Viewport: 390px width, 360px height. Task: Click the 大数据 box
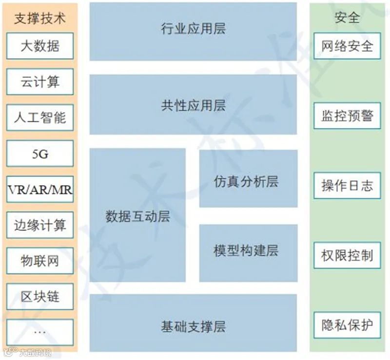[x=40, y=46]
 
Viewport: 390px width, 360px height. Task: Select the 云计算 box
[x=40, y=82]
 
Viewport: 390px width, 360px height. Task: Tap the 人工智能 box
[x=40, y=117]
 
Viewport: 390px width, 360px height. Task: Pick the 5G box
[x=40, y=153]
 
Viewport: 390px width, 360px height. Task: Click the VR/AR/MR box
[x=40, y=189]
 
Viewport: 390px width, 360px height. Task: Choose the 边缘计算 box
[x=40, y=225]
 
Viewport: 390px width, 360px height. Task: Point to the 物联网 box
[x=40, y=261]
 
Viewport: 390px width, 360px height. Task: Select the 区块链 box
[x=40, y=296]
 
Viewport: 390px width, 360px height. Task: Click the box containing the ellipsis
[x=40, y=332]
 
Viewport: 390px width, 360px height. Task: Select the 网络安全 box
[x=347, y=46]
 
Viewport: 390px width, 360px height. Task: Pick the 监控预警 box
[x=347, y=116]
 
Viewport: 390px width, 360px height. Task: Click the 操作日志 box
[x=347, y=186]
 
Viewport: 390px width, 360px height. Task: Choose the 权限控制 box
[x=347, y=255]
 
